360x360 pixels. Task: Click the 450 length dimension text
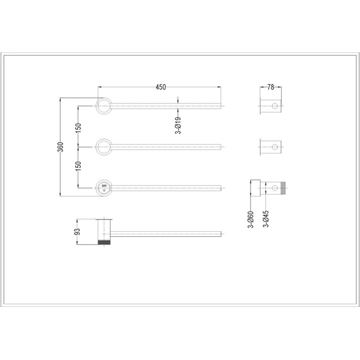(160, 87)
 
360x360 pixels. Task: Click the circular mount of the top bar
(103, 106)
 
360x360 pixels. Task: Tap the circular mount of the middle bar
(103, 147)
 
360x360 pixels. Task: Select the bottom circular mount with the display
(103, 188)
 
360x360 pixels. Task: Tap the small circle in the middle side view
(274, 148)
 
